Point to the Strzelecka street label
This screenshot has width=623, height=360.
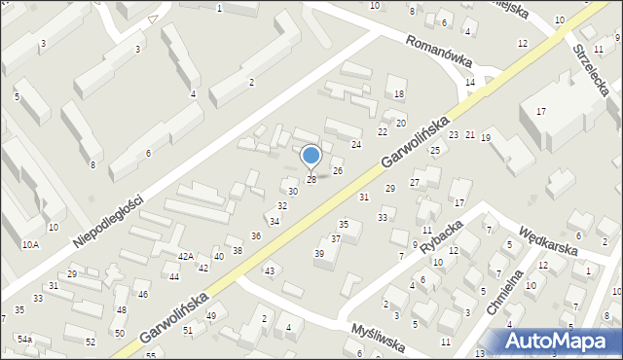point(591,67)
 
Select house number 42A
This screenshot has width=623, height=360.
point(185,256)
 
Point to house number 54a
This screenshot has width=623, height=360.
point(24,339)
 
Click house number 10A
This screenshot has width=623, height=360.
point(32,244)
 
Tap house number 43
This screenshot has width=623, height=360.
point(270,270)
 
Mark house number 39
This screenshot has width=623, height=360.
point(318,253)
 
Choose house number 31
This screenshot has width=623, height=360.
point(364,198)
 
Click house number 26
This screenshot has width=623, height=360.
point(338,171)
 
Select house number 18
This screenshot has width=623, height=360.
point(399,94)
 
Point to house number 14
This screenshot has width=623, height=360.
point(470,83)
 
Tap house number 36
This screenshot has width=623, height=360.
point(256,236)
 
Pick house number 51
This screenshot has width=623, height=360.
point(189,331)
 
